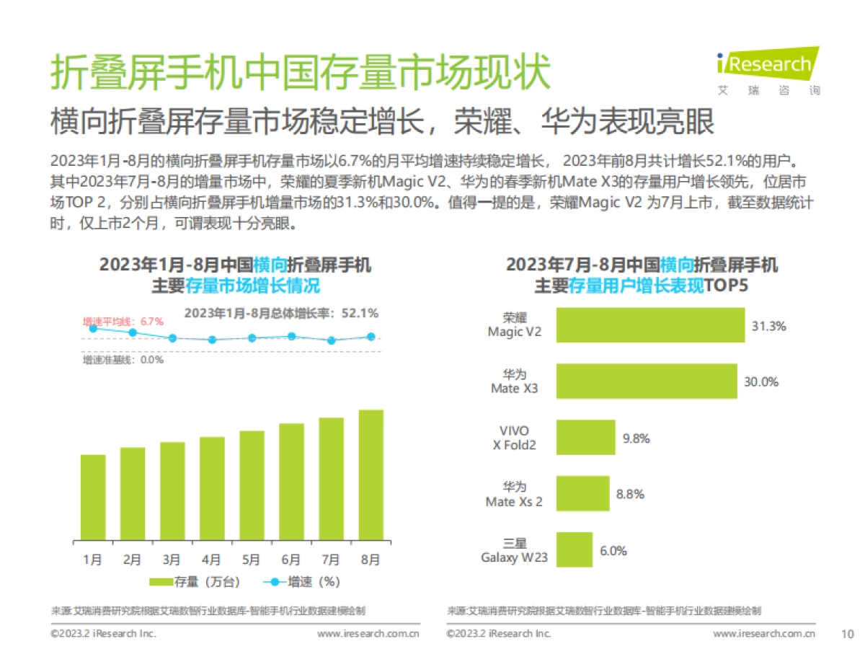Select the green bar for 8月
[x=371, y=475]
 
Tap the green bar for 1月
[x=93, y=498]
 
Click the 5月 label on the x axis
[x=252, y=559]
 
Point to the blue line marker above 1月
[x=93, y=328]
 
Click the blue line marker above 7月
[x=331, y=340]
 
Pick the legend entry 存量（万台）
[x=194, y=581]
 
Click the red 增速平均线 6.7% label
[x=112, y=321]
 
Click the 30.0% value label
[x=761, y=382]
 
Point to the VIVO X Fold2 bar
[x=585, y=437]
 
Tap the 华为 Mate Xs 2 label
[x=514, y=495]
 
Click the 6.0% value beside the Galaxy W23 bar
[x=613, y=551]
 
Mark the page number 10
[x=847, y=634]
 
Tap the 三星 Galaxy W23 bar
[x=574, y=550]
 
